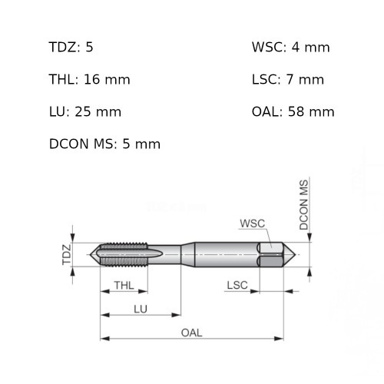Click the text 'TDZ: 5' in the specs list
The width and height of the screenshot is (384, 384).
pos(71,47)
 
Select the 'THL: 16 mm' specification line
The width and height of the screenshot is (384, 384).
pos(89,79)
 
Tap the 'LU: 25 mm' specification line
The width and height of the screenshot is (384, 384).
pos(85,112)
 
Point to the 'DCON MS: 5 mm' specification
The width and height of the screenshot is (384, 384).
pos(104,144)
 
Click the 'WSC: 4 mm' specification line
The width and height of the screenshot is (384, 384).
pos(291,47)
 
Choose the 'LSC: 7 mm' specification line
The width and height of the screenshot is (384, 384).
pos(288,79)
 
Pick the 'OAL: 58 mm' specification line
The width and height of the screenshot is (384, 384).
pos(293,112)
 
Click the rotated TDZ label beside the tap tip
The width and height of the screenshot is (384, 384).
pos(67,254)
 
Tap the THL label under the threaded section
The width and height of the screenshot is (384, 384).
pos(124,285)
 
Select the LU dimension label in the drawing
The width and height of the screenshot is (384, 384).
pos(141,310)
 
